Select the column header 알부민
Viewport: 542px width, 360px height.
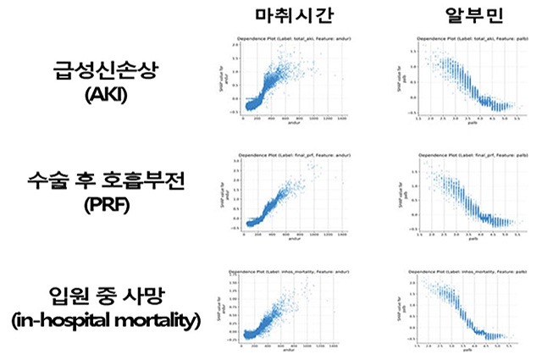tap(458, 18)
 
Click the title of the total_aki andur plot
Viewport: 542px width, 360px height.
tap(291, 39)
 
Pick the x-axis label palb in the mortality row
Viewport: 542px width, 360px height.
tap(467, 353)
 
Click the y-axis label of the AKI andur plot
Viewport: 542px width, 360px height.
tap(228, 86)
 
